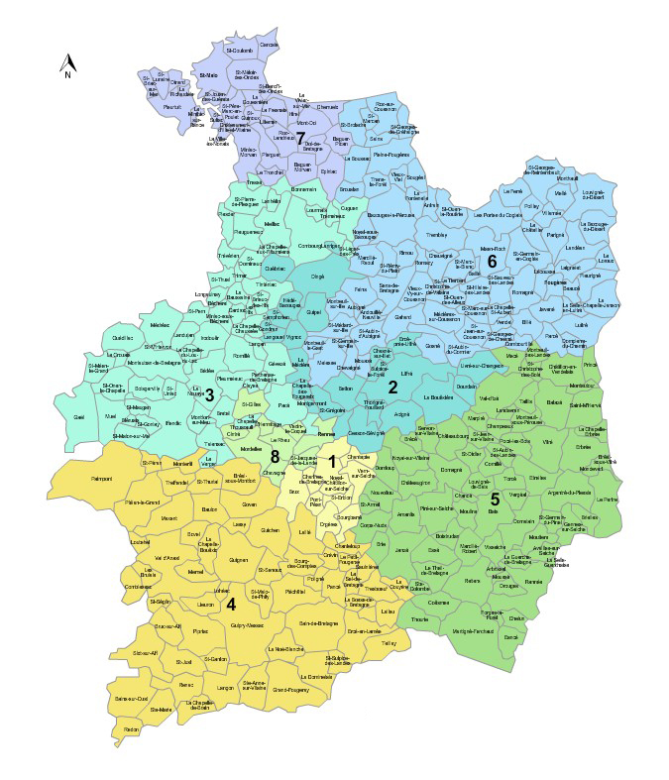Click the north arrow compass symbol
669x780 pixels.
[x=66, y=64]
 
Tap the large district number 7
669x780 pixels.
[x=299, y=138]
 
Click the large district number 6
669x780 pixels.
[x=491, y=261]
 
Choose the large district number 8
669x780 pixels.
[x=275, y=456]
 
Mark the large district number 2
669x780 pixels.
[x=392, y=387]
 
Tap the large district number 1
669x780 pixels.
[x=331, y=460]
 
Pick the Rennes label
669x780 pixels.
[x=325, y=435]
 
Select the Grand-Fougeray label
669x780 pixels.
[x=292, y=690]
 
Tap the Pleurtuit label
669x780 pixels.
[x=172, y=105]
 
